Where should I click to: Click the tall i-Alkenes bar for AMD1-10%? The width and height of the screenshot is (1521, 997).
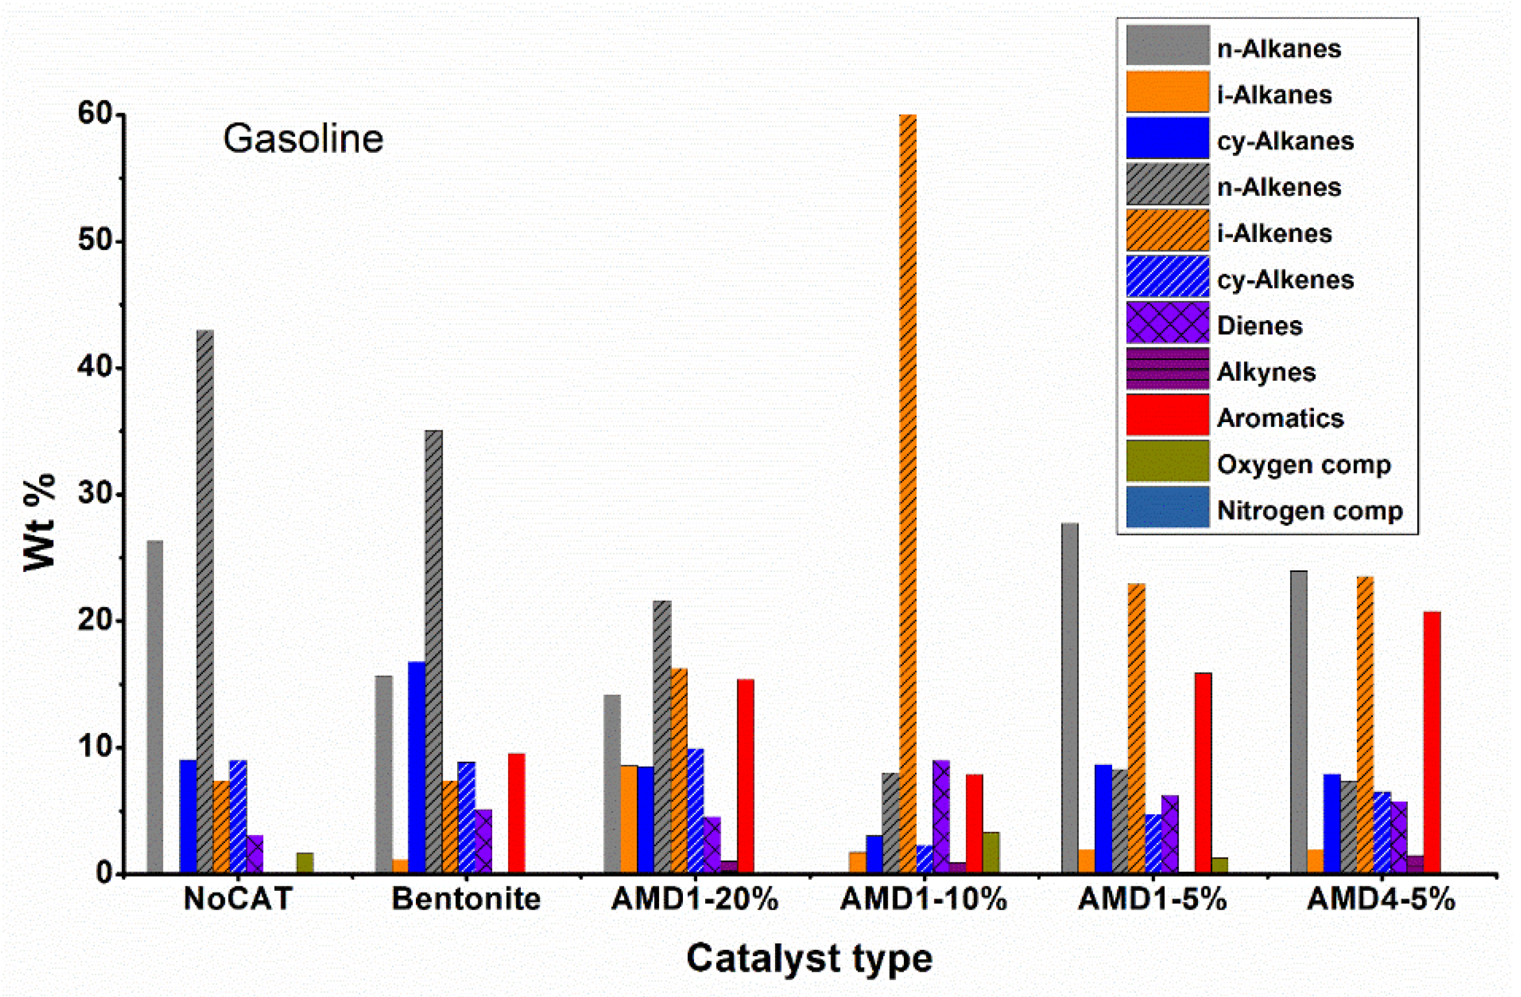tap(907, 492)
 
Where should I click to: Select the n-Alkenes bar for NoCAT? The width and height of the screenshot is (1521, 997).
tap(205, 601)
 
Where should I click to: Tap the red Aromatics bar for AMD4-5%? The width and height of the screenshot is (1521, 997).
tap(1432, 741)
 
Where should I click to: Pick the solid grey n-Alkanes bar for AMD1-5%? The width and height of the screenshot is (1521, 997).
tap(1070, 696)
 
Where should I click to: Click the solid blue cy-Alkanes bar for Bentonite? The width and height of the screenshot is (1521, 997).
tap(416, 767)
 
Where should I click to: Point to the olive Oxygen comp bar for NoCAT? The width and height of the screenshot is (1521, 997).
tap(305, 862)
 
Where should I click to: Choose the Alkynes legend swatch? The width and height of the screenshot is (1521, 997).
tap(1168, 369)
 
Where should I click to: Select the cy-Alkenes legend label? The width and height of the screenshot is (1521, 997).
tap(1285, 280)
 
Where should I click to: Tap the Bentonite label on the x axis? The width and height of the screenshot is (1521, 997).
tap(466, 899)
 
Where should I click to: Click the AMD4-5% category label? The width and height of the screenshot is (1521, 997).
tap(1381, 899)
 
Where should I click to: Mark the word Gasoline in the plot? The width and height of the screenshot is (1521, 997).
tap(303, 139)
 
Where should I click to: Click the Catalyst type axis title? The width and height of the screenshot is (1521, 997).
tap(809, 958)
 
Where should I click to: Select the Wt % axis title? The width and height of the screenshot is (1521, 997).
tap(40, 522)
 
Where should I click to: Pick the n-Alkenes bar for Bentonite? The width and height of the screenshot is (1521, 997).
tap(433, 651)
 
